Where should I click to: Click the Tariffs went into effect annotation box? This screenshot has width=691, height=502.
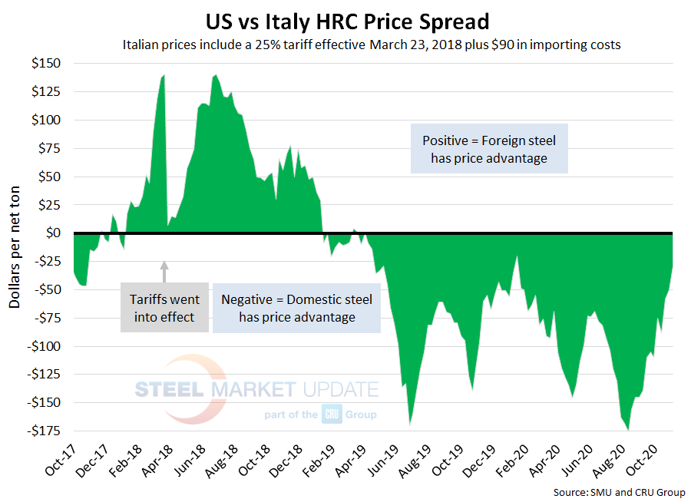[164, 308]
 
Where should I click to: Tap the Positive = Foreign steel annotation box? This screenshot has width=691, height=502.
[489, 149]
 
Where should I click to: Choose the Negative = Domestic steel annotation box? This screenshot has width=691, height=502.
[296, 308]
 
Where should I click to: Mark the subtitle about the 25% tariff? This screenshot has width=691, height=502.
[372, 45]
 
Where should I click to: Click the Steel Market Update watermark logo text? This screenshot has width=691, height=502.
[257, 389]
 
